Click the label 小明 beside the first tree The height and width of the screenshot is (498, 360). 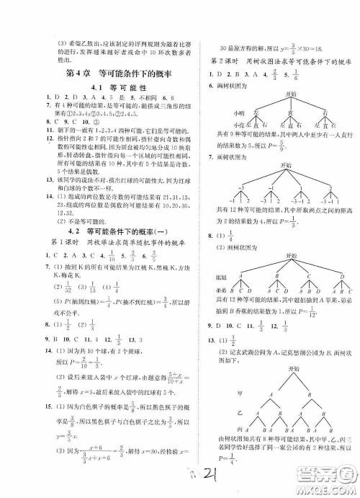click(x=220, y=112)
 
